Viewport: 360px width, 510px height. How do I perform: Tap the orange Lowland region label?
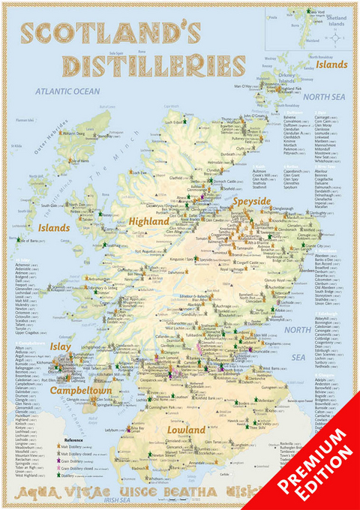pyautogui.click(x=187, y=430)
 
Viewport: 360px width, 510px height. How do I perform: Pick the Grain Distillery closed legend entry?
pyautogui.click(x=82, y=467)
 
